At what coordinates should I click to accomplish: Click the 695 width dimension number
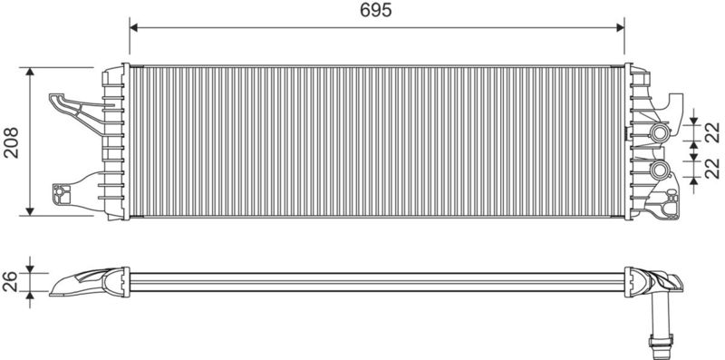click(x=376, y=10)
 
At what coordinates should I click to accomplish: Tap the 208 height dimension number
click(x=11, y=142)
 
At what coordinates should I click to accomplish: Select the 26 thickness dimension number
click(x=10, y=281)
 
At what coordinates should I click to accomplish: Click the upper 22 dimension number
click(x=713, y=131)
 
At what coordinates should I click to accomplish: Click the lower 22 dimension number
click(x=713, y=168)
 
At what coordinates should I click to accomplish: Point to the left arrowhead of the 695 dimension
click(x=133, y=28)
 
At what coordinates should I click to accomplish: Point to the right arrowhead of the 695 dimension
click(x=620, y=28)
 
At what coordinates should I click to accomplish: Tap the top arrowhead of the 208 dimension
click(x=30, y=72)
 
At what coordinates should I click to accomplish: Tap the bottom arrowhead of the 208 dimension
click(x=30, y=211)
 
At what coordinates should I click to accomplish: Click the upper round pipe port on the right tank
click(x=659, y=132)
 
